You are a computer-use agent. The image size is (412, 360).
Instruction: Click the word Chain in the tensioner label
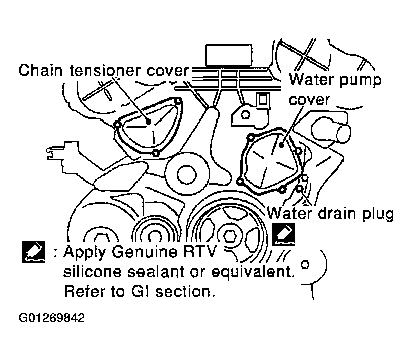pyautogui.click(x=41, y=70)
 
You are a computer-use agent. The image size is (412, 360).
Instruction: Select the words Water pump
pyautogui.click(x=335, y=80)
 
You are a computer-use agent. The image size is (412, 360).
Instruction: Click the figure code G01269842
pyautogui.click(x=51, y=318)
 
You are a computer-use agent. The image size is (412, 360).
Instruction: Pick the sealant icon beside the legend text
pyautogui.click(x=34, y=252)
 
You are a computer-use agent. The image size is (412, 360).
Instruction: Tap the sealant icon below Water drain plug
pyautogui.click(x=283, y=234)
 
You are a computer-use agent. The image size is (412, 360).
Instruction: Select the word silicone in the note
pyautogui.click(x=93, y=271)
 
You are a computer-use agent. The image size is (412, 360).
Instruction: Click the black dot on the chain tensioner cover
pyautogui.click(x=149, y=122)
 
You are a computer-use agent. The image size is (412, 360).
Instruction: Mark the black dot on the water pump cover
pyautogui.click(x=281, y=145)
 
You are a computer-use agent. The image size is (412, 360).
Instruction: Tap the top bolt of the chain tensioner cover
pyautogui.click(x=178, y=101)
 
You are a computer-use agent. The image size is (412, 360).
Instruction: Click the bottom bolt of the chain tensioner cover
pyautogui.click(x=156, y=153)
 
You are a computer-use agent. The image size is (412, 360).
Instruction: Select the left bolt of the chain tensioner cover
pyautogui.click(x=117, y=125)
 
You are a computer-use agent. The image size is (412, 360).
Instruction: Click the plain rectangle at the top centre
pyautogui.click(x=229, y=55)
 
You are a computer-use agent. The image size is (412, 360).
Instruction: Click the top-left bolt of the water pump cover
pyautogui.click(x=251, y=137)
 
